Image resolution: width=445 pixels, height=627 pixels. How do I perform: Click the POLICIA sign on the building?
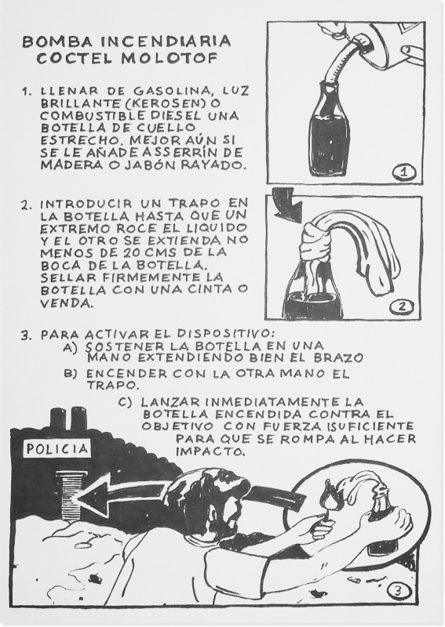[57, 448]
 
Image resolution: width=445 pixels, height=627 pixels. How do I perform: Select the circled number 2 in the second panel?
[402, 306]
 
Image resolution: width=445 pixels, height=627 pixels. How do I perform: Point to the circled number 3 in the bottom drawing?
[397, 591]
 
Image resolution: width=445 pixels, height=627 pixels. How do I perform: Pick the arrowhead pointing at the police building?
[94, 498]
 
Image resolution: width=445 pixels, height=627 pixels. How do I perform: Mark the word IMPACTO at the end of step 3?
[209, 452]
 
